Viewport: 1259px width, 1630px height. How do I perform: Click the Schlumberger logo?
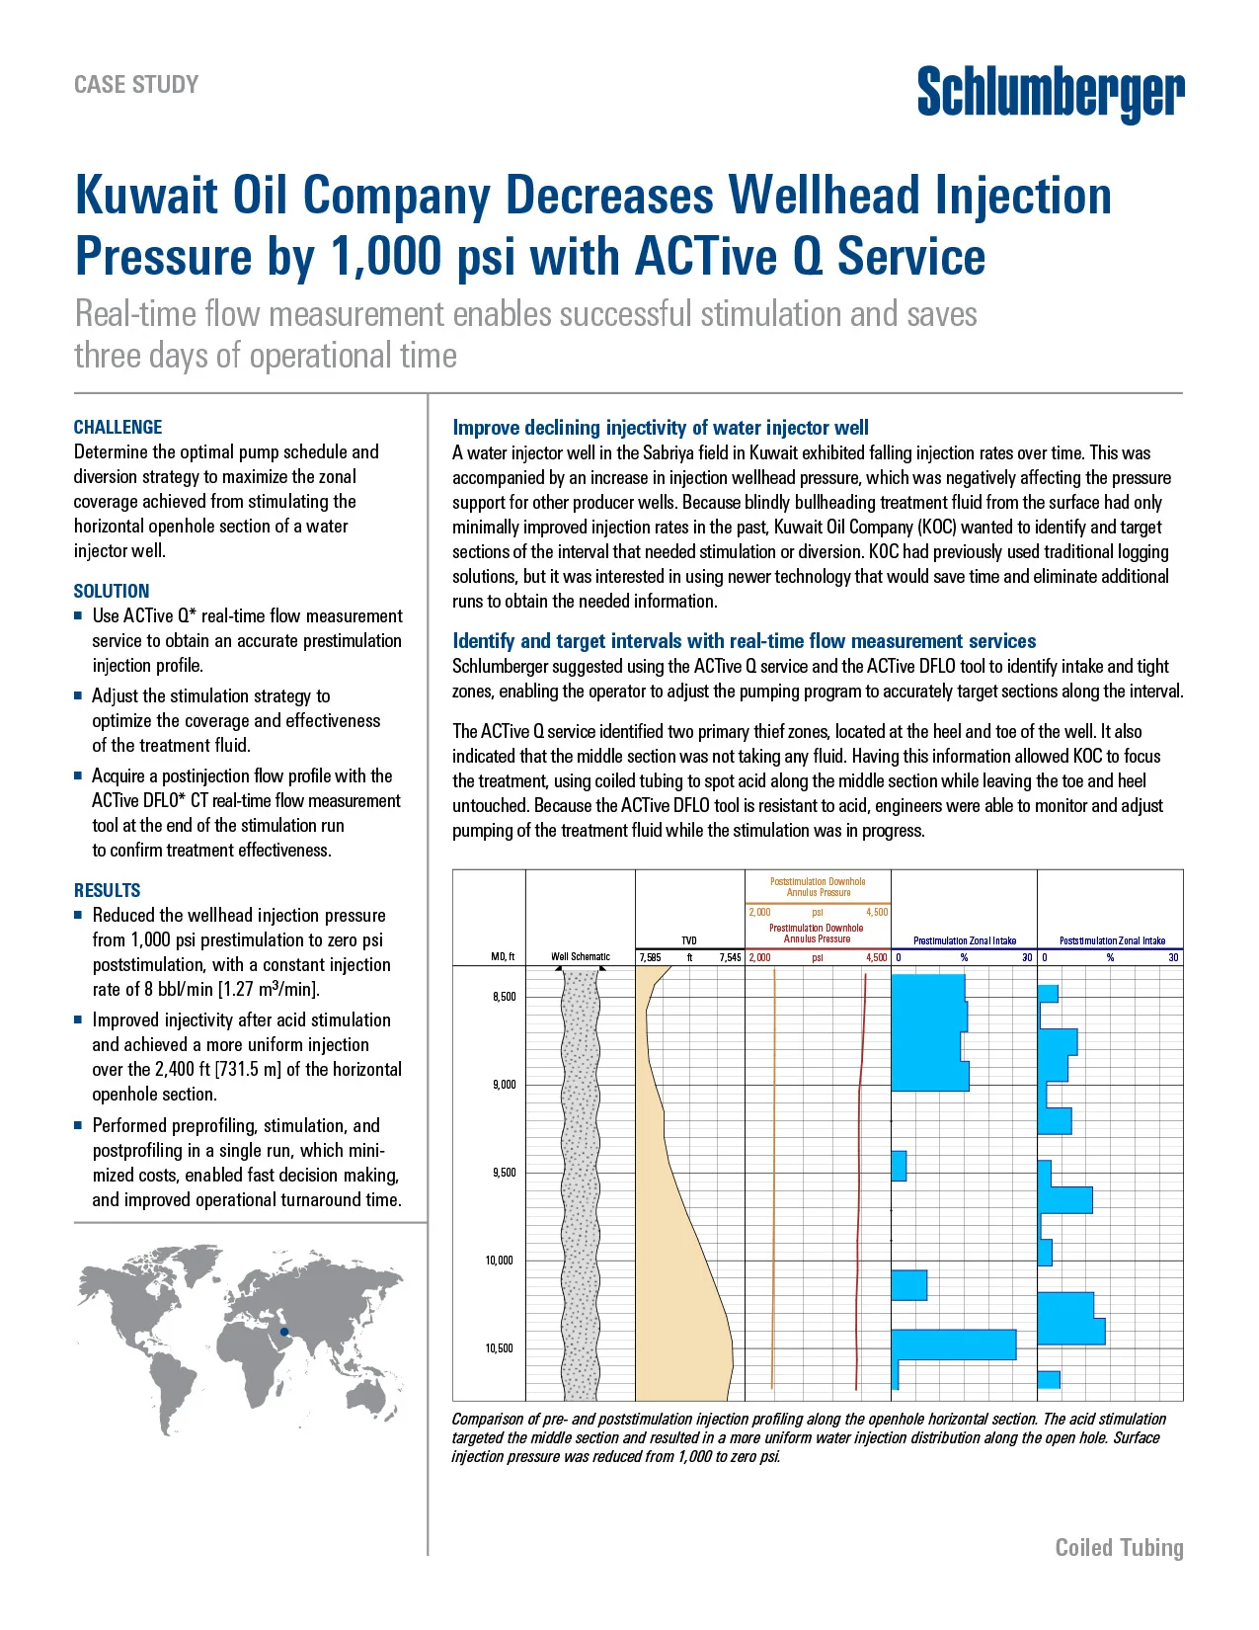click(x=1050, y=93)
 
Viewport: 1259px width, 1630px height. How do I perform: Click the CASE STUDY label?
click(x=136, y=85)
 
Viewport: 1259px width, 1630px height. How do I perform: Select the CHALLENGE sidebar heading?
click(x=118, y=427)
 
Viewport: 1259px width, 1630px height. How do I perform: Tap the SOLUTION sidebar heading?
click(x=112, y=591)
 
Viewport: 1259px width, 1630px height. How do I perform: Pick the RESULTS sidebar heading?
click(x=107, y=890)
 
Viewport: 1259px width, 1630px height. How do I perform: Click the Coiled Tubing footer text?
click(x=1119, y=1547)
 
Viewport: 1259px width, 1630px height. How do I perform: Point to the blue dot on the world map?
click(x=284, y=1333)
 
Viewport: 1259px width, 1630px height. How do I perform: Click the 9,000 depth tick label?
click(x=504, y=1085)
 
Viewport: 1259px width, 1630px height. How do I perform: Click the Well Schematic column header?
click(x=580, y=956)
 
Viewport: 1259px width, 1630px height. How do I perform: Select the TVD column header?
click(x=688, y=940)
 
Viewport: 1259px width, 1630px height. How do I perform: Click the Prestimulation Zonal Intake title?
click(x=964, y=940)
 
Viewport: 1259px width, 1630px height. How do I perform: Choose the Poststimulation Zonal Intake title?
click(x=1112, y=940)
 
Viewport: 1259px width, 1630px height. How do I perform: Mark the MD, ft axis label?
click(x=503, y=956)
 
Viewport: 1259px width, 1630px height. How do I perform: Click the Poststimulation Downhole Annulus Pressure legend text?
click(x=818, y=886)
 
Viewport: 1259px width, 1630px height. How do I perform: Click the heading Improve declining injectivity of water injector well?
click(x=660, y=428)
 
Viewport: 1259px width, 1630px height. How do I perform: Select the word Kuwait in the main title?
click(x=146, y=195)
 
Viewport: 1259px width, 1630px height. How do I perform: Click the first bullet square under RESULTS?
click(x=78, y=915)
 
